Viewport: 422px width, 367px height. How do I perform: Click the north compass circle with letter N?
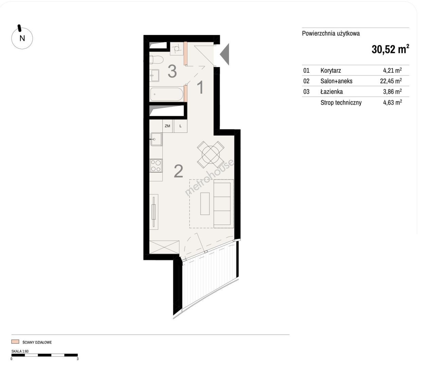point(22,38)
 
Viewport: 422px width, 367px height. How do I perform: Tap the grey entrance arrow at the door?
point(225,54)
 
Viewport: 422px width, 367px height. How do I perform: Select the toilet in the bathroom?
point(156,59)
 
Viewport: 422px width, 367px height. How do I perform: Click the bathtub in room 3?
point(166,94)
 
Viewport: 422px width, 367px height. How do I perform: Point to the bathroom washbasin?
point(155,75)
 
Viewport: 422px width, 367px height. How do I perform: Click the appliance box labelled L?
point(180,126)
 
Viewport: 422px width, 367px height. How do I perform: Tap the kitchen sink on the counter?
point(156,139)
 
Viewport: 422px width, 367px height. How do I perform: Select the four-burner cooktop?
point(156,165)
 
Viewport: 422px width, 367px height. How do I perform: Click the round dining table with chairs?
point(211,155)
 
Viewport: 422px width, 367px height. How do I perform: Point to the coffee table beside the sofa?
point(205,204)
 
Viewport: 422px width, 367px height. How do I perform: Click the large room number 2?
point(178,171)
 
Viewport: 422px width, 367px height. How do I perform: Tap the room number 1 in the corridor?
point(200,87)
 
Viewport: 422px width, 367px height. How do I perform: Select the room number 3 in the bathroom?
point(172,71)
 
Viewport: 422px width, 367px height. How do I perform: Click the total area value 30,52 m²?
point(390,49)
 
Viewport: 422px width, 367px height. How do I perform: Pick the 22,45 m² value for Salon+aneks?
point(391,81)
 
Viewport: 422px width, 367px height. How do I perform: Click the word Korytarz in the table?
point(331,71)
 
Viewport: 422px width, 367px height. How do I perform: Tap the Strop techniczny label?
point(341,103)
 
